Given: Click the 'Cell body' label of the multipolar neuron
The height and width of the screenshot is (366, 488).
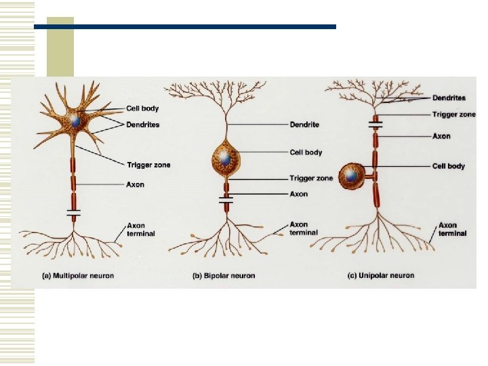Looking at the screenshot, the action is (x=142, y=109).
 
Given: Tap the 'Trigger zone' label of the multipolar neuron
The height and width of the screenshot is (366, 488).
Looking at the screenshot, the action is (x=148, y=165).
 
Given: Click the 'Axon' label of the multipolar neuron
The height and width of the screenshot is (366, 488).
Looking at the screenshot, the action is (x=136, y=184).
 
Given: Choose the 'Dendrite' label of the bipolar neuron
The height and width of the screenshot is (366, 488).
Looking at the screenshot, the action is (x=304, y=125).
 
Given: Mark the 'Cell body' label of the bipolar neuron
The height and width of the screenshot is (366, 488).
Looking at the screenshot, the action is (x=306, y=152).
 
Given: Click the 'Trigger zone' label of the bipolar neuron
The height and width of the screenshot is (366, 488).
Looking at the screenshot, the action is (x=311, y=178).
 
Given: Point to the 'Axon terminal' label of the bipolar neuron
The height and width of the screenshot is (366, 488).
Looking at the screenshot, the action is (x=299, y=228).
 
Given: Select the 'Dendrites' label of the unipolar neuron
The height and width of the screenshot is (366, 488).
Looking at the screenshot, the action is (x=449, y=98).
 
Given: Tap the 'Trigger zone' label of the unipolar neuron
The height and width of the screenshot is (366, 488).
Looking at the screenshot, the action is (x=453, y=115).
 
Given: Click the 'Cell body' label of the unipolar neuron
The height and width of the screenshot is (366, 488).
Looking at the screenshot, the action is (x=448, y=166).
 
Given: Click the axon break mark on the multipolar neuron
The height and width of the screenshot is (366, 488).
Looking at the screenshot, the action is (x=74, y=213).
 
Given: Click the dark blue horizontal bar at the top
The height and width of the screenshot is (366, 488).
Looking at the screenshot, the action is (x=184, y=27).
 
